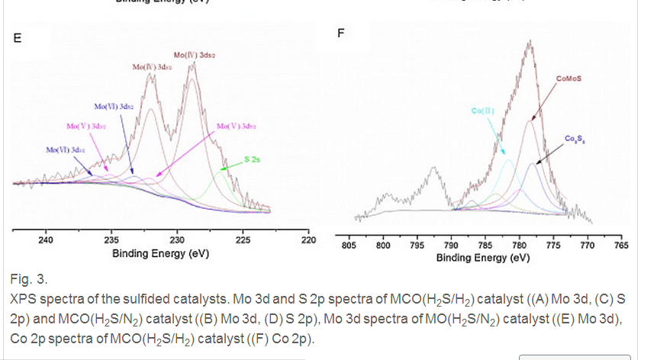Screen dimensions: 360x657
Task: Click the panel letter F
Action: (x=341, y=34)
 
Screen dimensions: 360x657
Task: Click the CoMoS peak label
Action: (x=569, y=78)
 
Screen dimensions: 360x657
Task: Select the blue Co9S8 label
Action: (x=575, y=138)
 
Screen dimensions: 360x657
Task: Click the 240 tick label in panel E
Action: (x=46, y=240)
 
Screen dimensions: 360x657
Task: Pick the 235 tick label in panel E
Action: (x=111, y=240)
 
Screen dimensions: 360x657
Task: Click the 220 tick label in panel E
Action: (x=308, y=240)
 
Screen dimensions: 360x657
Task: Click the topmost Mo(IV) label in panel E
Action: (x=193, y=56)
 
